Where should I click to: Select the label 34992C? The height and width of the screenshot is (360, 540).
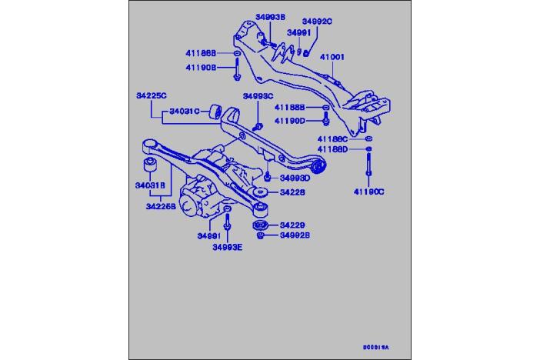[x=316, y=22]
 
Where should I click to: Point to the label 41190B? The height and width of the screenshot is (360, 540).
[x=201, y=67]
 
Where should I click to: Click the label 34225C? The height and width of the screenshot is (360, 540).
[x=151, y=95]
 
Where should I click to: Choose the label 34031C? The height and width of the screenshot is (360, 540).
[x=185, y=111]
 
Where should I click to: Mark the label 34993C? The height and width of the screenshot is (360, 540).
[x=258, y=96]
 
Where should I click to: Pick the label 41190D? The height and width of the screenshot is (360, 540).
[x=292, y=121]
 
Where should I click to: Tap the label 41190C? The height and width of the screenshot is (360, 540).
[x=368, y=191]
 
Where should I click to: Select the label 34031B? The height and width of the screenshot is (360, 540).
[x=151, y=185]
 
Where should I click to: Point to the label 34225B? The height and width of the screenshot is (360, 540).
[x=161, y=206]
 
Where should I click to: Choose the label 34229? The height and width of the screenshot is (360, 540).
[x=292, y=225]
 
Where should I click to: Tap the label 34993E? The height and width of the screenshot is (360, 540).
[x=228, y=246]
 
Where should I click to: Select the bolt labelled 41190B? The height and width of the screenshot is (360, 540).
[x=237, y=73]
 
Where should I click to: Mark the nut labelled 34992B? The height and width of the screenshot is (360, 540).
[x=261, y=236]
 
